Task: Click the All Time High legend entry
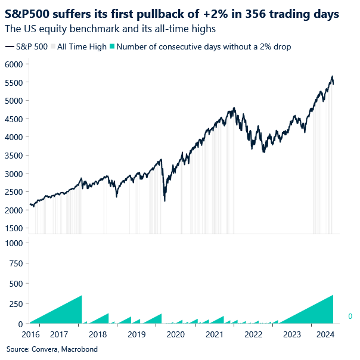click(x=82, y=46)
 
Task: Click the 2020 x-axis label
click(x=175, y=335)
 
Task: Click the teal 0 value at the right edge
click(x=350, y=316)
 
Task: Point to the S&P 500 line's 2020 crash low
click(x=164, y=201)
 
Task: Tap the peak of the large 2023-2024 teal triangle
click(x=333, y=295)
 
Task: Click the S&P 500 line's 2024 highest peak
click(x=331, y=76)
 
